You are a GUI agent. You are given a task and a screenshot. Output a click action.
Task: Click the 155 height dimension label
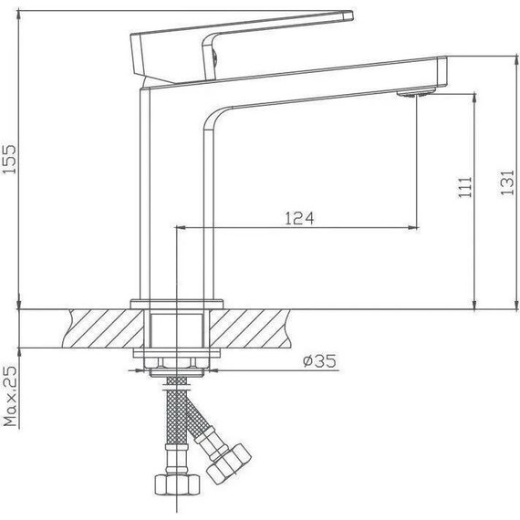9,159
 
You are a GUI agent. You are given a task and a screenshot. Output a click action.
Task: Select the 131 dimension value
507,182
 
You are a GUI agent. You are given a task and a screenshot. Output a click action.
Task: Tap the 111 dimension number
465,187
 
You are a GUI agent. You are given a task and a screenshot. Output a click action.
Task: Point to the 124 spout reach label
299,218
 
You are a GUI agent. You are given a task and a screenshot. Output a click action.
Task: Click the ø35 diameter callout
319,360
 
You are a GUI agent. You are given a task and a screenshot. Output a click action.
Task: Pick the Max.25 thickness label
10,396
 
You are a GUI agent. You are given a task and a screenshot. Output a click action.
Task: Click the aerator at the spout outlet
415,93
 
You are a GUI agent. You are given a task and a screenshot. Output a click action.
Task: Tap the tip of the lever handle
352,15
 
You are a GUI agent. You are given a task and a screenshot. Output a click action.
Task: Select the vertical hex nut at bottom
177,484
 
